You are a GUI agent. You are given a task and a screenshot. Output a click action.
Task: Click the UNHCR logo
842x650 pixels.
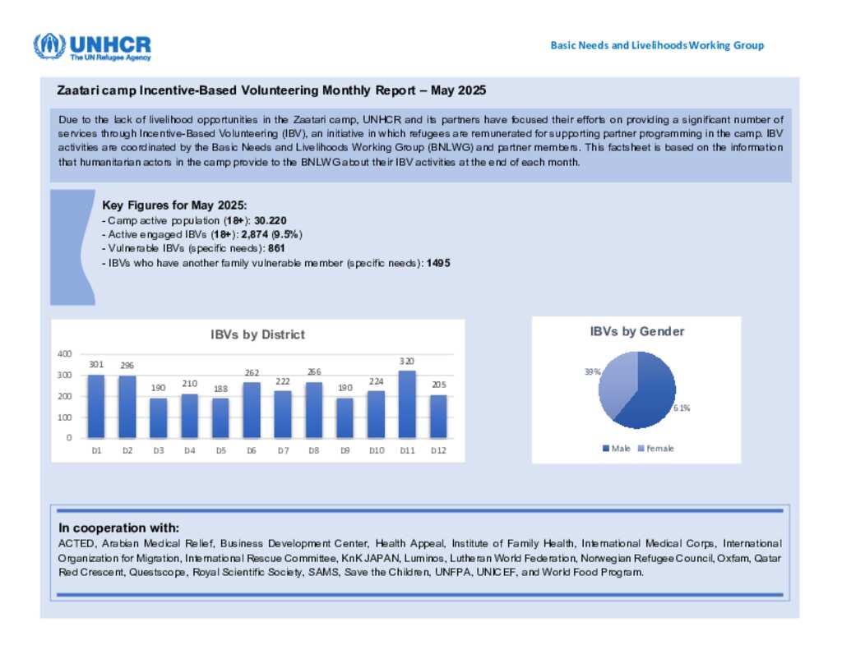coord(92,46)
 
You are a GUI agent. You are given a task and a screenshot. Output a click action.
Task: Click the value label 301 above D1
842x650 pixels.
coord(96,364)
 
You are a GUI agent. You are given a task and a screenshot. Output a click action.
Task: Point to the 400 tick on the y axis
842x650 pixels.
coord(64,353)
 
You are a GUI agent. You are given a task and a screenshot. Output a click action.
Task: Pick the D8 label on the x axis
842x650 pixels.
coord(313,450)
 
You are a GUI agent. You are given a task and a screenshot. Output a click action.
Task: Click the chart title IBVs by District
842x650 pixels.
coord(257,334)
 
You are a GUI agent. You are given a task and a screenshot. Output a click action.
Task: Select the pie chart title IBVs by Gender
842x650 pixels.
coord(636,331)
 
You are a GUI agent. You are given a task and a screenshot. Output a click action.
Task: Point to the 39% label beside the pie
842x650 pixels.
coord(592,371)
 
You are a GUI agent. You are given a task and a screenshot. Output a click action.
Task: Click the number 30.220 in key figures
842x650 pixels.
coord(271,221)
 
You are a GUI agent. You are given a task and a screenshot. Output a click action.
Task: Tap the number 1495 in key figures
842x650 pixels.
coord(438,262)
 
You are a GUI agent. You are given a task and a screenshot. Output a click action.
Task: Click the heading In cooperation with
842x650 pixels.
coord(118,528)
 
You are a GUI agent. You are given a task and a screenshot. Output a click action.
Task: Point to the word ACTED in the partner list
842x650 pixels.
coord(76,544)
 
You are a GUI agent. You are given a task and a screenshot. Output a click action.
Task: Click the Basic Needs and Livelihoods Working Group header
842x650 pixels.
coord(657,45)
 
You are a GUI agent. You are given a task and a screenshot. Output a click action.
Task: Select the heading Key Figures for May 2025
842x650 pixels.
coord(174,205)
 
